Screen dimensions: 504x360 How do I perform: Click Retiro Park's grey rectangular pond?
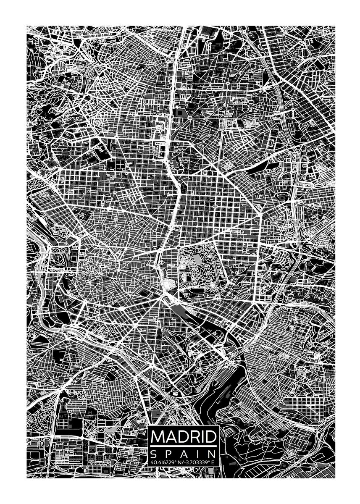(198, 260)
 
